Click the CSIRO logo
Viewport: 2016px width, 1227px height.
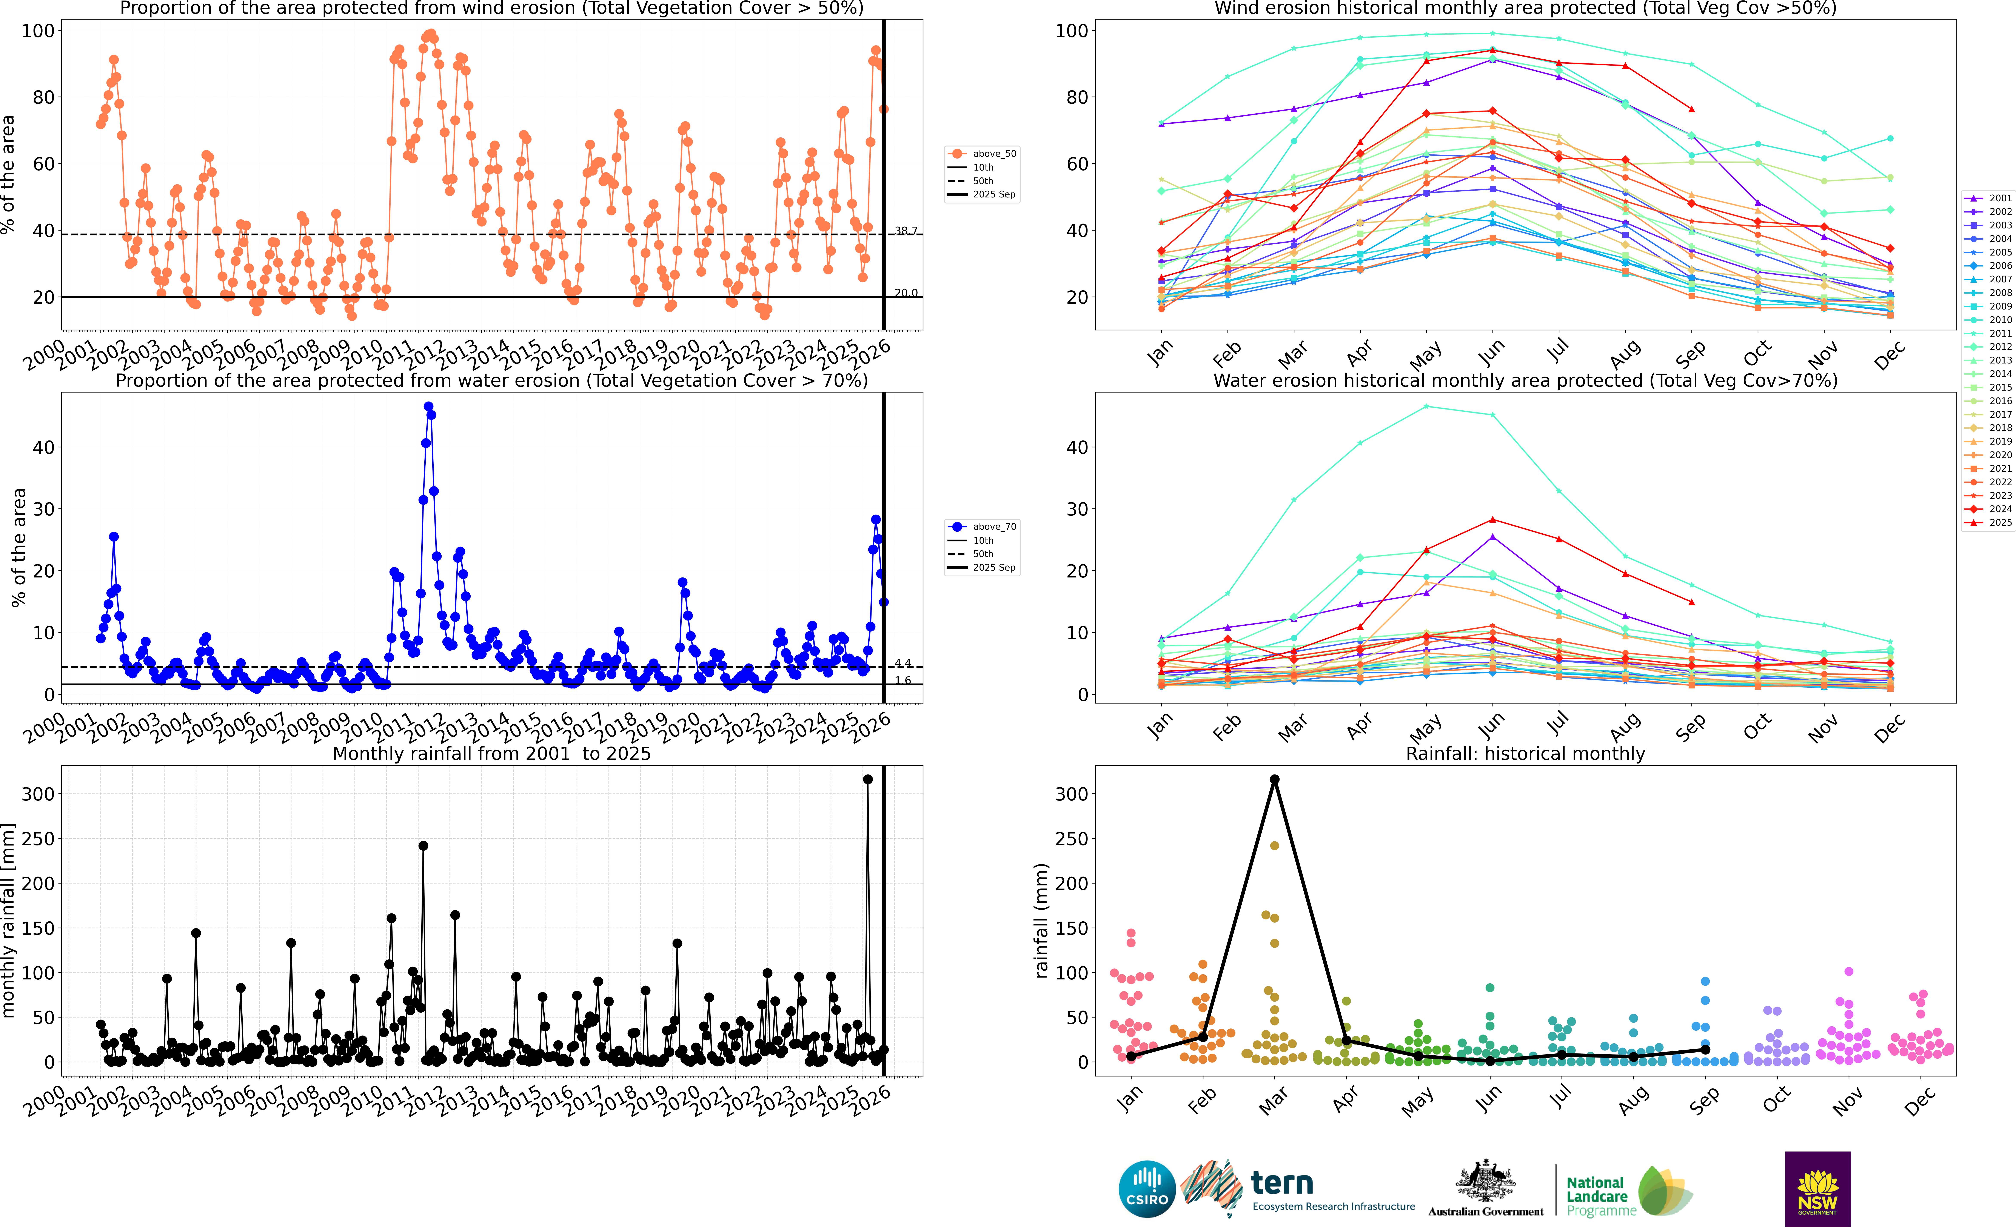pyautogui.click(x=1146, y=1189)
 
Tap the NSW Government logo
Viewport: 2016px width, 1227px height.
pyautogui.click(x=1817, y=1189)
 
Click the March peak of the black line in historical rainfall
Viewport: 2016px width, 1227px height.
pyautogui.click(x=1274, y=780)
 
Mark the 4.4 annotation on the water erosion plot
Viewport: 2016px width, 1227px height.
pyautogui.click(x=903, y=664)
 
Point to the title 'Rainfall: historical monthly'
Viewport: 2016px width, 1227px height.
pyautogui.click(x=1525, y=753)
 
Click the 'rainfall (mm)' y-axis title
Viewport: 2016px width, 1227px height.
pyautogui.click(x=1041, y=920)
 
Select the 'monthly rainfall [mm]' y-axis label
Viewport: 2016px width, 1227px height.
pyautogui.click(x=8, y=920)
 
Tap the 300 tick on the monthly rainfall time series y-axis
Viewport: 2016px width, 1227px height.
pyautogui.click(x=38, y=793)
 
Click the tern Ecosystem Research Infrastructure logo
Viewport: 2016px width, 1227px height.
pyautogui.click(x=1301, y=1189)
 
